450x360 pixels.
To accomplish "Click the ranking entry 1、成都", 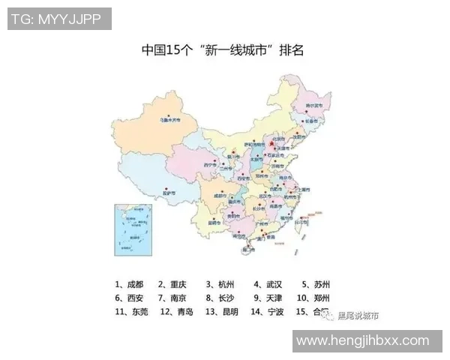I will [x=128, y=284].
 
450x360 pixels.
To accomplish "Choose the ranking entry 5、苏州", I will [x=316, y=284].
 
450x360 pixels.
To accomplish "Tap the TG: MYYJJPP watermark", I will [x=60, y=19].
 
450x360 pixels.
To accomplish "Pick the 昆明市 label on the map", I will [x=214, y=223].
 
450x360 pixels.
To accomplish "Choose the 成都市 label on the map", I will [x=219, y=194].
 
